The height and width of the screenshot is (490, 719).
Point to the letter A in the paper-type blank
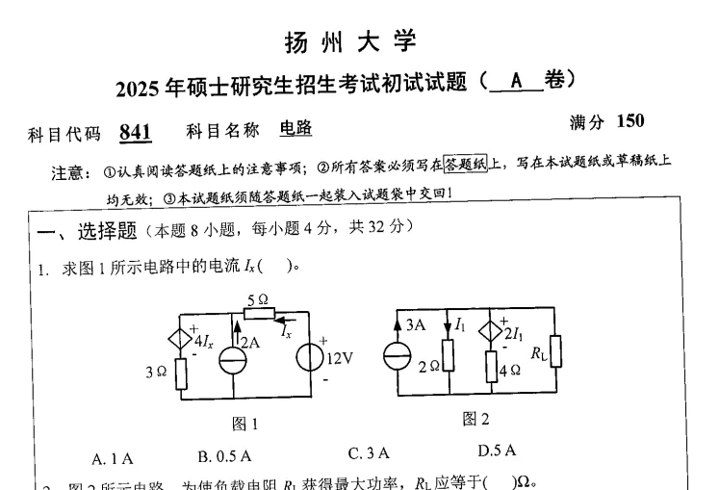click(x=516, y=82)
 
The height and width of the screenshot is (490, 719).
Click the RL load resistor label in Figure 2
click(x=539, y=352)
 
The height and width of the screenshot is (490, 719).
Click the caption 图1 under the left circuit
click(x=246, y=424)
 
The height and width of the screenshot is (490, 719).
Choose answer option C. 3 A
click(x=370, y=451)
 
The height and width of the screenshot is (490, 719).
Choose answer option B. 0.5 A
click(x=224, y=454)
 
